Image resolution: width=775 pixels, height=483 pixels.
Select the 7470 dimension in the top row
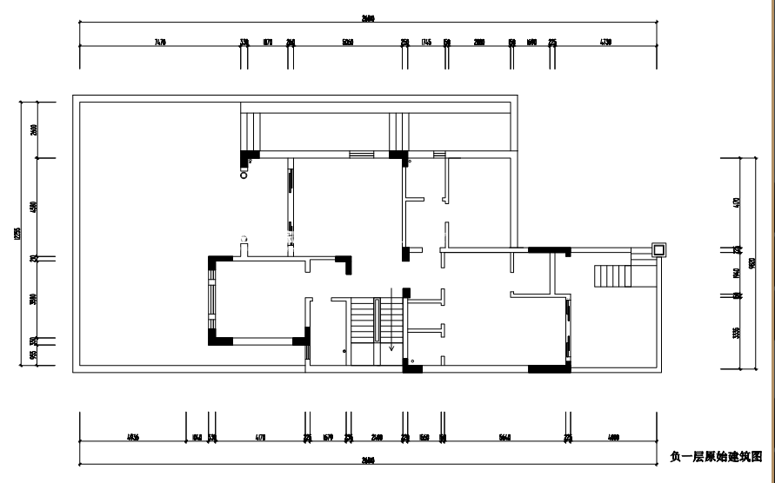coord(159,42)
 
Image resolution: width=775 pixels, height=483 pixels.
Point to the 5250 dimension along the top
coord(348,42)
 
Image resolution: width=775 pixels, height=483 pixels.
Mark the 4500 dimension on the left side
coord(34,207)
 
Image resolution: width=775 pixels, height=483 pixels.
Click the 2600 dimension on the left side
coord(34,129)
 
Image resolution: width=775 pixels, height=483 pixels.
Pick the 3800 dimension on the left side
coord(34,300)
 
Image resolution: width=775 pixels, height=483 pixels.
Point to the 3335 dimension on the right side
coord(736,332)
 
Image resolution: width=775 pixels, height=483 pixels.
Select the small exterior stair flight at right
coord(612,276)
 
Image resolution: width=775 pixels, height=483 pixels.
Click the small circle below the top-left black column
coord(244,173)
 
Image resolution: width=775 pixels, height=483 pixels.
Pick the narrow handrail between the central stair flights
coord(377,321)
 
